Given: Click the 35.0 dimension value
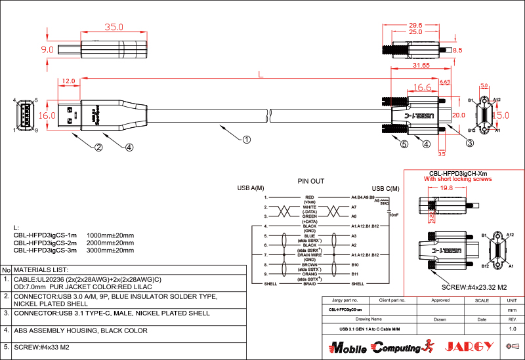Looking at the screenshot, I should [114, 28].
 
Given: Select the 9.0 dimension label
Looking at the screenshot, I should [47, 49].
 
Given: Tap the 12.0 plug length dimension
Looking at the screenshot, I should [68, 82].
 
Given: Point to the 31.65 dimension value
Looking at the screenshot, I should [421, 66].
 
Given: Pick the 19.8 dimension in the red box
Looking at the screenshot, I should [446, 188].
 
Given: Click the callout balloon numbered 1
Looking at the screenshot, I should [247, 139].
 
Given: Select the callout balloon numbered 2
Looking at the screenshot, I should [98, 147].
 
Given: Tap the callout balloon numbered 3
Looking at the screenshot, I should [470, 142].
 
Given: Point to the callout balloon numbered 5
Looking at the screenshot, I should [404, 144].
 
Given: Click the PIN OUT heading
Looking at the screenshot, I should [310, 181].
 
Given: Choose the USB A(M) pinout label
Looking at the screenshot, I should [251, 188].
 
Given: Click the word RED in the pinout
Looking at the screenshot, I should [310, 197].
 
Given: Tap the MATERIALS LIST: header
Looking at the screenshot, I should [41, 270].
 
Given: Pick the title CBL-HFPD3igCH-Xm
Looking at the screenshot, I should [457, 172].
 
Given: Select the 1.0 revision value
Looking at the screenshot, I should [513, 328].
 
